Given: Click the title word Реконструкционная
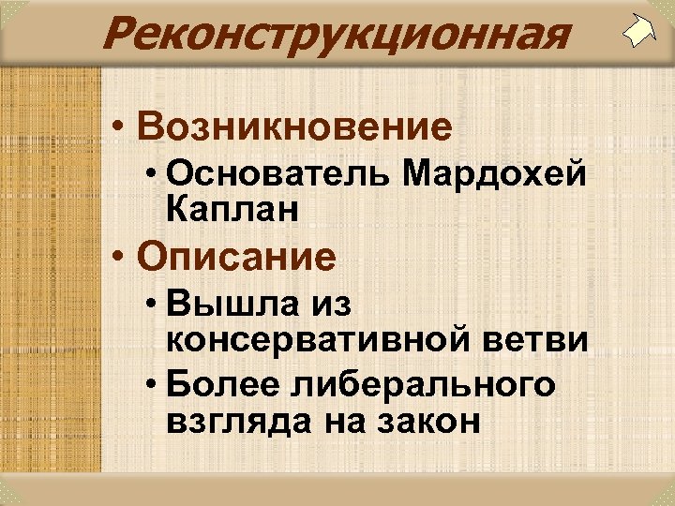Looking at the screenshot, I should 336,35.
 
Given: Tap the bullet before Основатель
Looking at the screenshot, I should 153,176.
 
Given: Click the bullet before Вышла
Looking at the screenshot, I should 153,306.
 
